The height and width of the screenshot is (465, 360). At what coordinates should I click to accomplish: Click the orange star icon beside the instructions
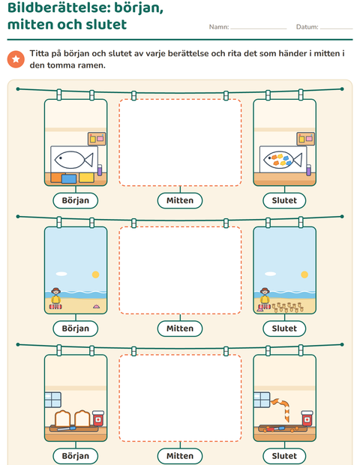[x=16, y=59]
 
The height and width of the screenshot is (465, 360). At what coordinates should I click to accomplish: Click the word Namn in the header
[x=218, y=27]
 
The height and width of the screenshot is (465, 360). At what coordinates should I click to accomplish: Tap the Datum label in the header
[x=307, y=27]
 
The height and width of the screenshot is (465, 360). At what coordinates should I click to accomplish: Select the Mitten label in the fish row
[x=180, y=200]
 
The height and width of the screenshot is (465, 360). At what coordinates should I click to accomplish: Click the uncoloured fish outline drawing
[x=73, y=160]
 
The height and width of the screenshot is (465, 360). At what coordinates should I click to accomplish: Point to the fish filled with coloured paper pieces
[x=283, y=160]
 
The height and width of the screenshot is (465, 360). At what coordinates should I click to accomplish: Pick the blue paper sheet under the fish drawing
[x=69, y=178]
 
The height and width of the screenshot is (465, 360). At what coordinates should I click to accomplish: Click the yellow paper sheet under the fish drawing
[x=86, y=177]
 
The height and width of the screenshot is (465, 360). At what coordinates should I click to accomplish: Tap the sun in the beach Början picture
[x=95, y=274]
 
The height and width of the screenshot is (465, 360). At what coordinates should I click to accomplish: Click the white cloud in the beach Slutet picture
[x=270, y=274]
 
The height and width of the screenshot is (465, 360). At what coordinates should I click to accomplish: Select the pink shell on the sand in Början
[x=97, y=306]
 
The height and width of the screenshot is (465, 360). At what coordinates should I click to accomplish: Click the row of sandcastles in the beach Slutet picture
[x=288, y=307]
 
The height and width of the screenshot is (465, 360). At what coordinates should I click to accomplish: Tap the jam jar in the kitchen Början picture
[x=98, y=418]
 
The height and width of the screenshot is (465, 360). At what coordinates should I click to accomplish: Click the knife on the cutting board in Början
[x=67, y=428]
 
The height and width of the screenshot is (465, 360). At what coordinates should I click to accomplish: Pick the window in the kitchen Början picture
[x=52, y=400]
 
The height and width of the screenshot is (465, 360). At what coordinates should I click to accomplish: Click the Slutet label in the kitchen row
[x=284, y=456]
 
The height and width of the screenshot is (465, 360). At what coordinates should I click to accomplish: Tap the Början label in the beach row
[x=75, y=328]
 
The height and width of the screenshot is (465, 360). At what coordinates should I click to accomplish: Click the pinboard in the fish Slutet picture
[x=305, y=139]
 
